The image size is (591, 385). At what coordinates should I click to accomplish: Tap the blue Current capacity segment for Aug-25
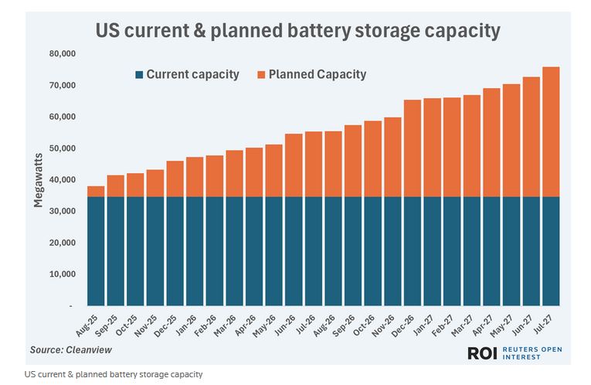coord(96,251)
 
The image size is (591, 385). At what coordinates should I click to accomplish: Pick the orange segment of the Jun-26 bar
coord(294,165)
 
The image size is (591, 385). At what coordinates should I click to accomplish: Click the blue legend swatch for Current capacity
coord(139,75)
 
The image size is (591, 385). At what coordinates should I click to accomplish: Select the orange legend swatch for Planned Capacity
coord(261,75)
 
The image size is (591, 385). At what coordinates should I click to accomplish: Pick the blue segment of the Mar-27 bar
coord(471,251)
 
